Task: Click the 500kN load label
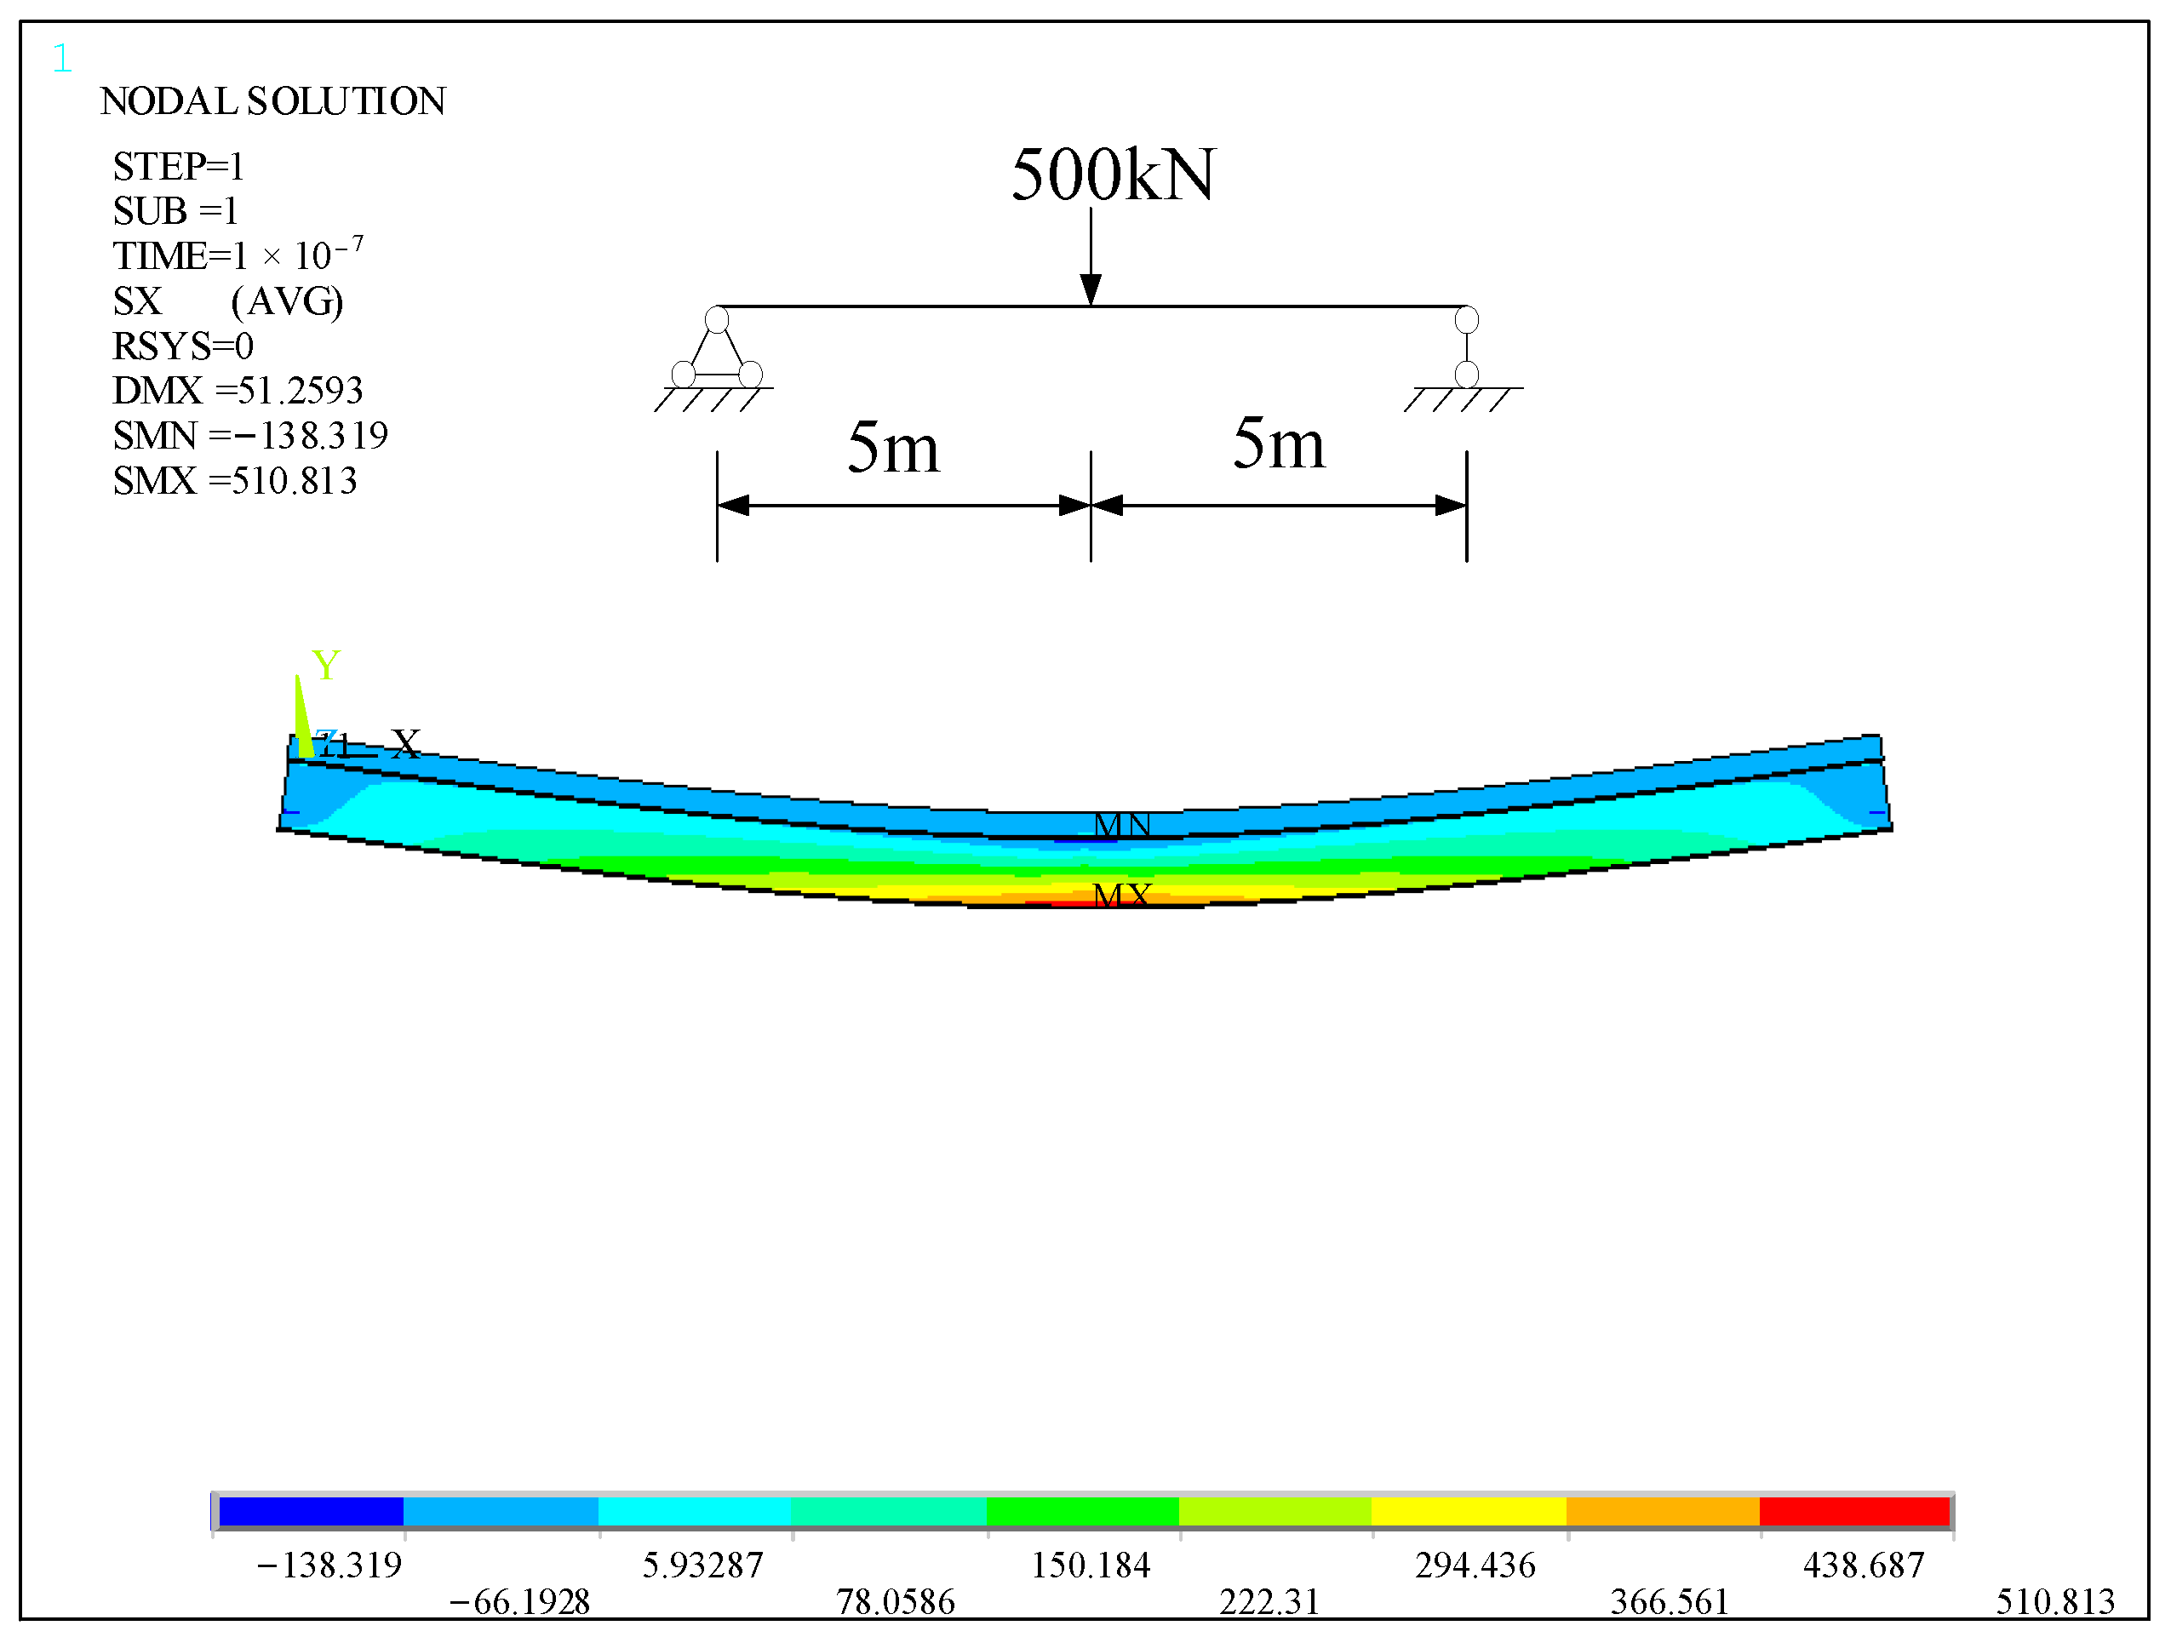click(1112, 175)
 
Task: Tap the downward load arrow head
click(1091, 289)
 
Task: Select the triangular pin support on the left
click(717, 352)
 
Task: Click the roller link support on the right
click(1466, 347)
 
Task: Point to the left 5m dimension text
click(892, 448)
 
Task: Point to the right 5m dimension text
click(1278, 444)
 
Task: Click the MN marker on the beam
click(1121, 824)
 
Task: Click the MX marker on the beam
click(1121, 894)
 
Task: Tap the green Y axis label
click(325, 666)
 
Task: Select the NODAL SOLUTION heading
click(272, 101)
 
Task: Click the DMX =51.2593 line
click(238, 391)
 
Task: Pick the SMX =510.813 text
click(235, 481)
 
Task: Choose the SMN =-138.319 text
click(250, 436)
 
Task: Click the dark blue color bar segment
click(310, 1511)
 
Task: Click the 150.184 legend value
click(1090, 1565)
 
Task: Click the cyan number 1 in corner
click(62, 59)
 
